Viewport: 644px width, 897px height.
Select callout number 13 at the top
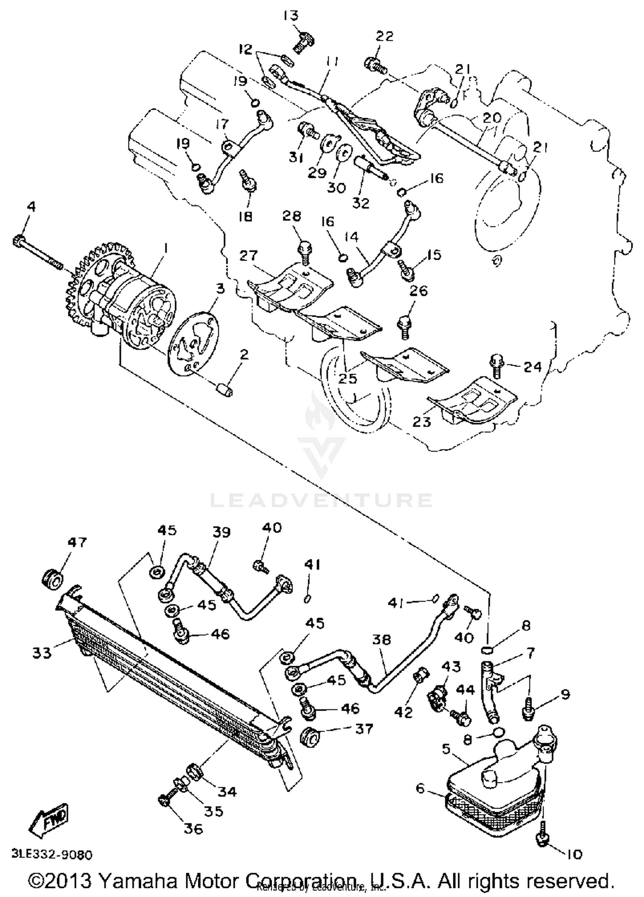[x=291, y=16]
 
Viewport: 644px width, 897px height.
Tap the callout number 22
[x=384, y=36]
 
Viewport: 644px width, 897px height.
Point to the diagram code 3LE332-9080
[x=52, y=855]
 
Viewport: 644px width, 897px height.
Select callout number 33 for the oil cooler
[x=42, y=653]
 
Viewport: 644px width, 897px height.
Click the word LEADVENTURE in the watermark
[x=321, y=500]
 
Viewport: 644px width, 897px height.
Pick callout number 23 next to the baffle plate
[x=421, y=421]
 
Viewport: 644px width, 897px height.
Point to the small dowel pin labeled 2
[x=224, y=390]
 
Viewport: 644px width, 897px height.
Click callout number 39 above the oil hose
[x=222, y=532]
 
